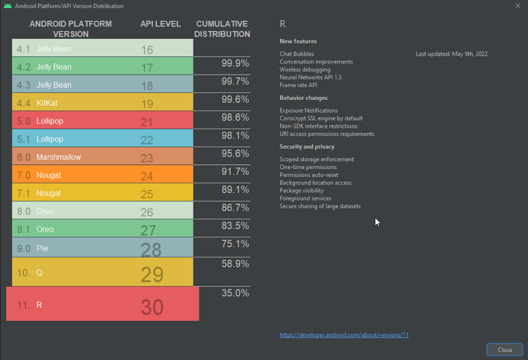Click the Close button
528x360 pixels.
(504, 350)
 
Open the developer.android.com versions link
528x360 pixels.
(344, 335)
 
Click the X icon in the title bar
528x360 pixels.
(517, 6)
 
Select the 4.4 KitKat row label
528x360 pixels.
(37, 103)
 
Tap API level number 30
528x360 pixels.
(152, 307)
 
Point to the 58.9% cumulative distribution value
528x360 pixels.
(235, 264)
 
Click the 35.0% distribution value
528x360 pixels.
(235, 293)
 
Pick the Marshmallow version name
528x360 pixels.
(59, 157)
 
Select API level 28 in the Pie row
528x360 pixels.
(151, 250)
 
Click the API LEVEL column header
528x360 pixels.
(160, 24)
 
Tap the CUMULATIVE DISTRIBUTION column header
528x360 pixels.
(222, 29)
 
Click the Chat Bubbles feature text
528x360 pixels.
(296, 54)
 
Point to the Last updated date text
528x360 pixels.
(451, 54)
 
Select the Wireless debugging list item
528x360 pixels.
(305, 69)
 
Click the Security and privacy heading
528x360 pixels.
(307, 147)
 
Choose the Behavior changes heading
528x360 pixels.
(304, 98)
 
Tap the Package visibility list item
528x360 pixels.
(302, 190)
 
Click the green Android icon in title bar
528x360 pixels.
(7, 6)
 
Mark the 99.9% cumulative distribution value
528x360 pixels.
(235, 63)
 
